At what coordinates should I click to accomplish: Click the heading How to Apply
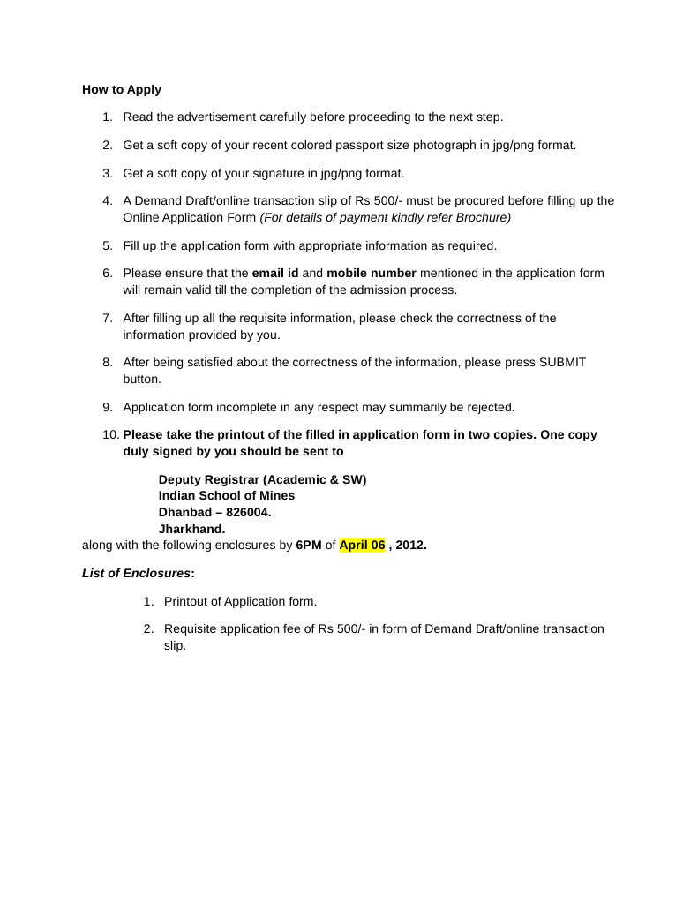pyautogui.click(x=122, y=89)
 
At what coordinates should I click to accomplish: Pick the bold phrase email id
pyautogui.click(x=275, y=273)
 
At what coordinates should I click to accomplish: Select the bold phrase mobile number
pyautogui.click(x=372, y=273)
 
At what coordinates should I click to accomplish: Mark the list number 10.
pyautogui.click(x=110, y=434)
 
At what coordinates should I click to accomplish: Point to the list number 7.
pyautogui.click(x=107, y=318)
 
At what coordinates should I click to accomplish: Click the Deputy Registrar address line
pyautogui.click(x=262, y=479)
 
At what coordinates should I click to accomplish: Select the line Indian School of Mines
pyautogui.click(x=227, y=495)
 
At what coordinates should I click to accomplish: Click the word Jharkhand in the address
pyautogui.click(x=191, y=529)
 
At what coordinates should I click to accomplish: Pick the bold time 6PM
pyautogui.click(x=309, y=545)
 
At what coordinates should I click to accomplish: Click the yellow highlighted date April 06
pyautogui.click(x=363, y=545)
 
